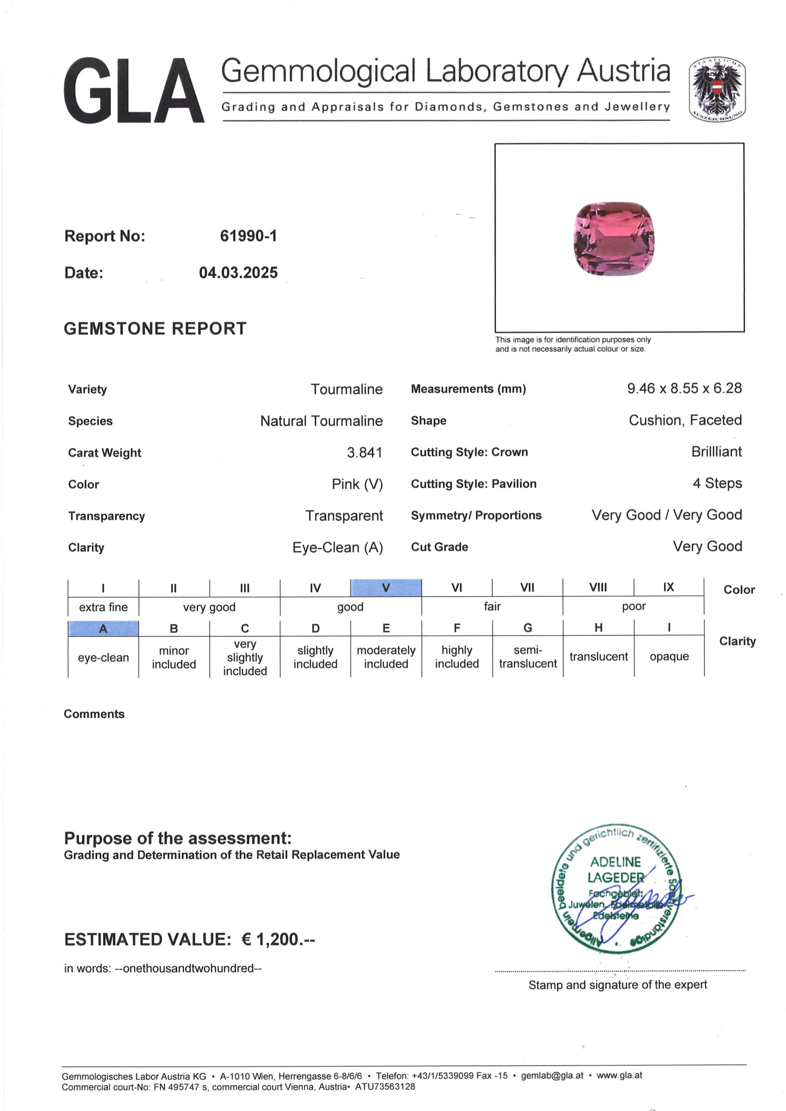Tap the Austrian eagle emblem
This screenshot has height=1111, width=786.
717,89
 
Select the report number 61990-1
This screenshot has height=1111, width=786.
248,236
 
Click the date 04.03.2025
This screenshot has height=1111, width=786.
238,273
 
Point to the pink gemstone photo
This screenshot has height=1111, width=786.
614,239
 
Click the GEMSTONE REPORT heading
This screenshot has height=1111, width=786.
155,329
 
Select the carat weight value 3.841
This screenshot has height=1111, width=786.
364,453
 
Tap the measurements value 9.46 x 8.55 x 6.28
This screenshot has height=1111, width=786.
684,388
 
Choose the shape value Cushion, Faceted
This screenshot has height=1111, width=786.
685,420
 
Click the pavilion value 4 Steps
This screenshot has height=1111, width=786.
717,483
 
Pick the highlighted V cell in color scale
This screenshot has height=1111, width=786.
386,588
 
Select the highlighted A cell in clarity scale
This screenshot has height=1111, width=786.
103,628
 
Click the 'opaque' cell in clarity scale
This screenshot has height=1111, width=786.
669,656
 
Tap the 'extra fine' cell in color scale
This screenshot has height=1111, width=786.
103,607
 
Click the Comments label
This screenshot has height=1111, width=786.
94,714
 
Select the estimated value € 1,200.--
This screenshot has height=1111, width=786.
278,939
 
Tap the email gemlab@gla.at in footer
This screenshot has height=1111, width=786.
552,1075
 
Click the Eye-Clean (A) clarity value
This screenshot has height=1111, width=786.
337,547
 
